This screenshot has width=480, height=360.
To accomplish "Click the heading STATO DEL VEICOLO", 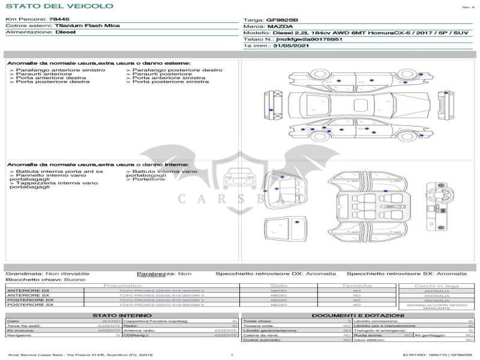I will (59, 6).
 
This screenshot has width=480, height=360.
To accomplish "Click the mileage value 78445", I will (59, 19).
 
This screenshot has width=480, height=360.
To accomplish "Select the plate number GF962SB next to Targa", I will (282, 20).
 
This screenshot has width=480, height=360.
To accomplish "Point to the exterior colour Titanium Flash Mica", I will (87, 26).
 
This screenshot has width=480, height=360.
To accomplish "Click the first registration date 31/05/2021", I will (291, 45).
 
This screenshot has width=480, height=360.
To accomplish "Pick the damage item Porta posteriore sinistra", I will (171, 82).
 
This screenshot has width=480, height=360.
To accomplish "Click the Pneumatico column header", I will (122, 286).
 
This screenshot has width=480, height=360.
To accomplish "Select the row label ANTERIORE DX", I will (28, 291).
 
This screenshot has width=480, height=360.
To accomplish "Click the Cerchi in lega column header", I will (436, 286).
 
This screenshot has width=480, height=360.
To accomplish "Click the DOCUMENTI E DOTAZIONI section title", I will (358, 315).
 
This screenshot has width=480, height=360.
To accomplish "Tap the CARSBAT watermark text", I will (240, 198).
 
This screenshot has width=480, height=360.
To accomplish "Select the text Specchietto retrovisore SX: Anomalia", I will (406, 273).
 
